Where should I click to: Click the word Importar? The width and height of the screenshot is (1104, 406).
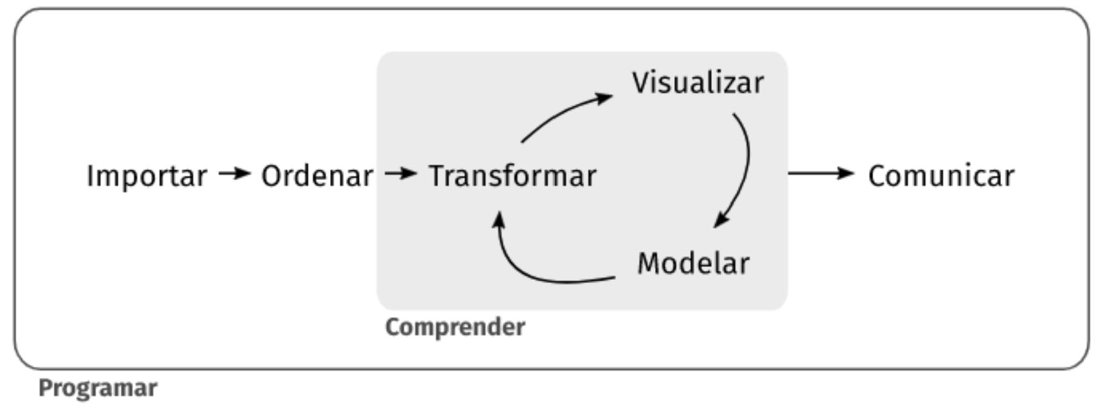click(x=146, y=175)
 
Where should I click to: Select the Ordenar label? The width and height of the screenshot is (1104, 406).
click(x=317, y=175)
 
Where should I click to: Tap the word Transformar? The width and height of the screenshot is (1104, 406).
click(x=512, y=175)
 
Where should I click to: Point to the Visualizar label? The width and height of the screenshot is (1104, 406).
click(x=698, y=83)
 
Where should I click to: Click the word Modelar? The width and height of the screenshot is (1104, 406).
click(x=693, y=263)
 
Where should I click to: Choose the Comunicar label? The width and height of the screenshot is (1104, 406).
click(x=941, y=175)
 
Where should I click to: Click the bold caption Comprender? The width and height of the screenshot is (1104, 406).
click(x=455, y=327)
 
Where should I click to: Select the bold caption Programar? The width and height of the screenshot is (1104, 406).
click(x=98, y=387)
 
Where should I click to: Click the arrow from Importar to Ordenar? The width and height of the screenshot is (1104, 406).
click(x=234, y=173)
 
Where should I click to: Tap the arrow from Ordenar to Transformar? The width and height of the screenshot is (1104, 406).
click(x=401, y=173)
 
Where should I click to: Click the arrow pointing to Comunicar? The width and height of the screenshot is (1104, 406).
click(x=821, y=173)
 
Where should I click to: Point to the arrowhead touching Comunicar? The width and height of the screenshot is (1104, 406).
click(x=848, y=173)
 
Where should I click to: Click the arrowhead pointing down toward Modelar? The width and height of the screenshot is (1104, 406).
click(x=721, y=220)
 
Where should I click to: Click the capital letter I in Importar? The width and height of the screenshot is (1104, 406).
click(x=90, y=175)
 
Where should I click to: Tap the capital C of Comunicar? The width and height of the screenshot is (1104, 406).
click(x=877, y=175)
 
